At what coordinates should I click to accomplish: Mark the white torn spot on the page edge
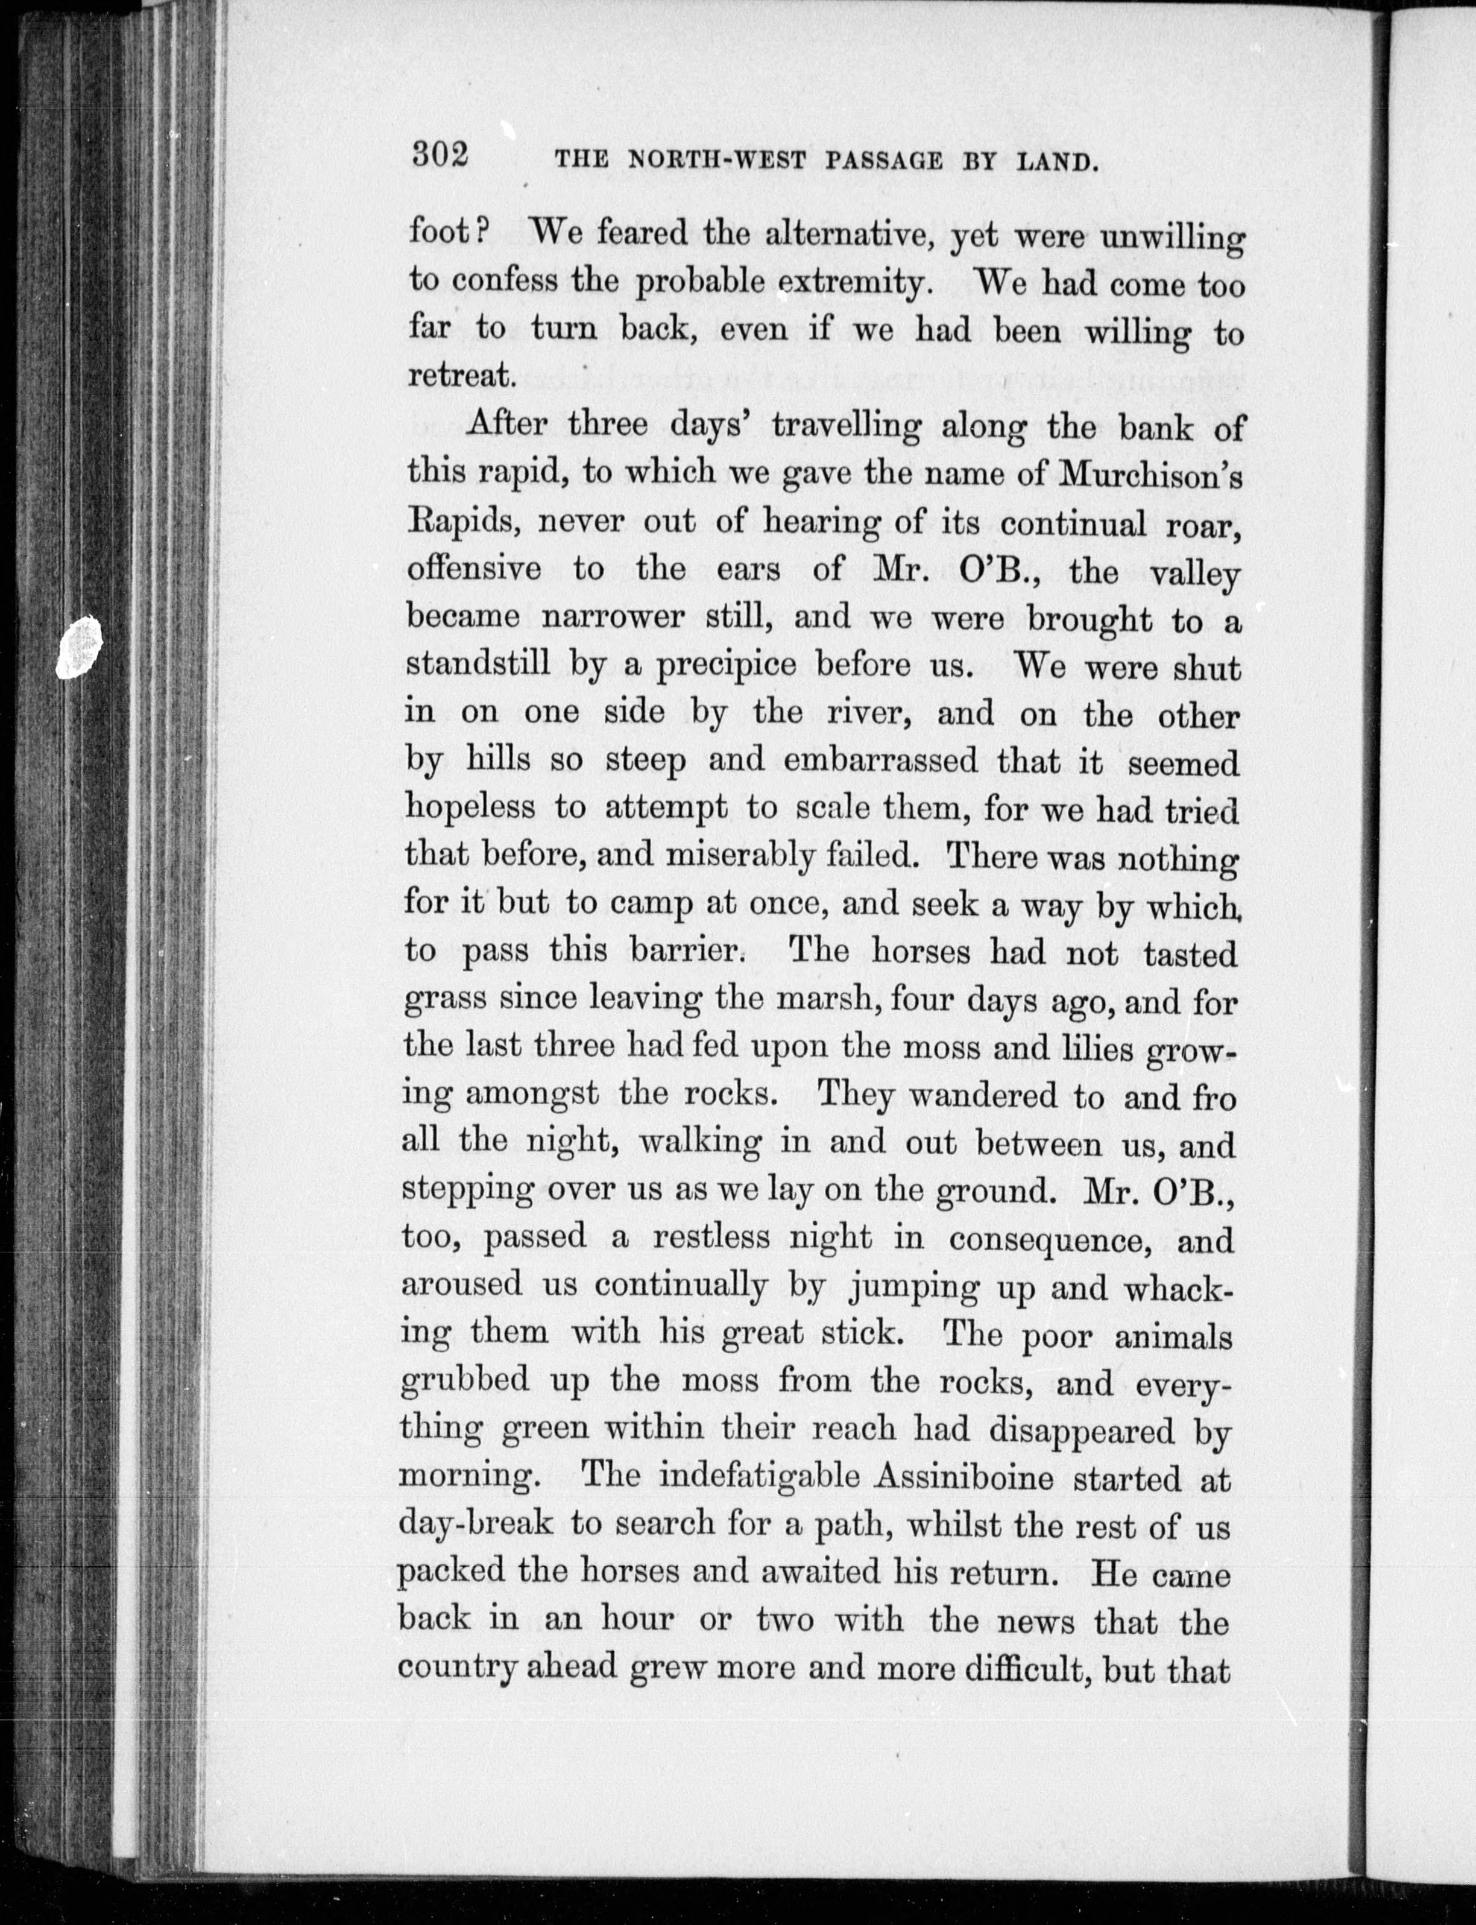pos(79,648)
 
